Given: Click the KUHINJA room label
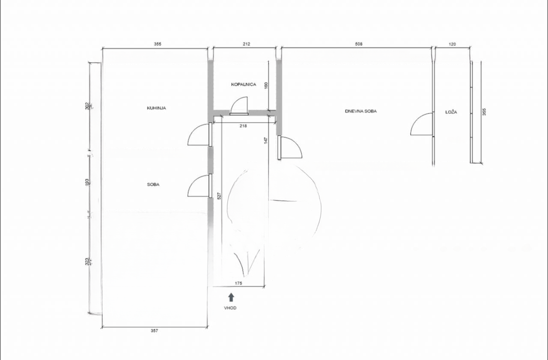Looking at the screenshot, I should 156,108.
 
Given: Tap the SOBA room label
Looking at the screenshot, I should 153,184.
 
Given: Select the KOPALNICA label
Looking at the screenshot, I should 244,84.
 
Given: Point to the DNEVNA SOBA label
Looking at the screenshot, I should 361,111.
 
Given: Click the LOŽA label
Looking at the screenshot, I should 451,112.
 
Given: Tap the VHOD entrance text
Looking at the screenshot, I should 230,308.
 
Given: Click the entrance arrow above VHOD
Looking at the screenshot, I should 231,297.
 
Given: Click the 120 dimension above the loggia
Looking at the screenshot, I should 452,44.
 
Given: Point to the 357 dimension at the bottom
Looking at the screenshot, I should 155,330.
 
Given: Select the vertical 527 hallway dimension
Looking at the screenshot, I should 219,196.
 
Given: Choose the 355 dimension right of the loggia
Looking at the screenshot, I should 484,112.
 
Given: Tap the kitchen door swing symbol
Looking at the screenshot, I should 199,135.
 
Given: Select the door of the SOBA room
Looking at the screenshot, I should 199,186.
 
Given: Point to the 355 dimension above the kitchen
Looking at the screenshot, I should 157,44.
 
